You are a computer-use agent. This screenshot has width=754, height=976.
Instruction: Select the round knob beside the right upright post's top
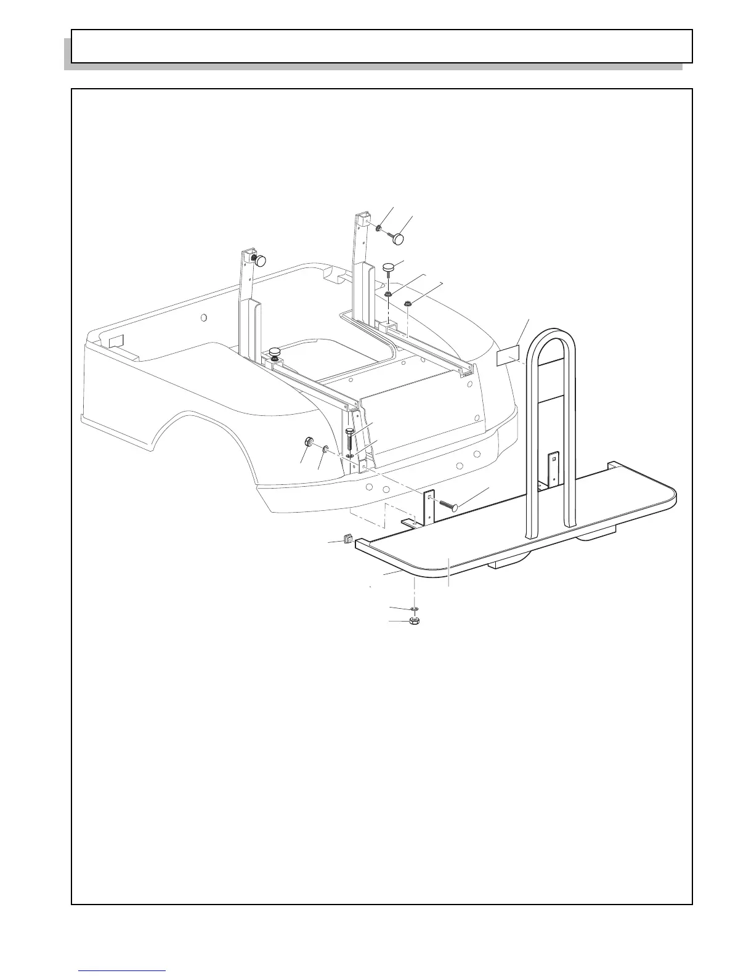point(403,237)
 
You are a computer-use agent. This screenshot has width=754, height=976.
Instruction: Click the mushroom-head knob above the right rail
point(389,268)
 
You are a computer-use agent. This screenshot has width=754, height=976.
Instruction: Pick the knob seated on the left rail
point(274,352)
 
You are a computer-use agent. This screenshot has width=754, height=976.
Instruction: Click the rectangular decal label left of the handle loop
point(509,357)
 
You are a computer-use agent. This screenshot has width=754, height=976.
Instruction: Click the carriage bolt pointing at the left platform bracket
point(448,503)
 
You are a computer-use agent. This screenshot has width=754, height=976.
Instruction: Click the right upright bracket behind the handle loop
point(553,468)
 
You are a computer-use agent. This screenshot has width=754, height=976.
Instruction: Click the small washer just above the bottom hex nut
point(415,609)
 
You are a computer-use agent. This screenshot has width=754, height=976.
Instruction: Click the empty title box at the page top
point(382,46)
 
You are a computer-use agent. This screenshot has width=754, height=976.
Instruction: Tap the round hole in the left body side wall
point(205,318)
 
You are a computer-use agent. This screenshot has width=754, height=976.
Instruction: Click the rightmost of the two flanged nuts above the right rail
point(408,303)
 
